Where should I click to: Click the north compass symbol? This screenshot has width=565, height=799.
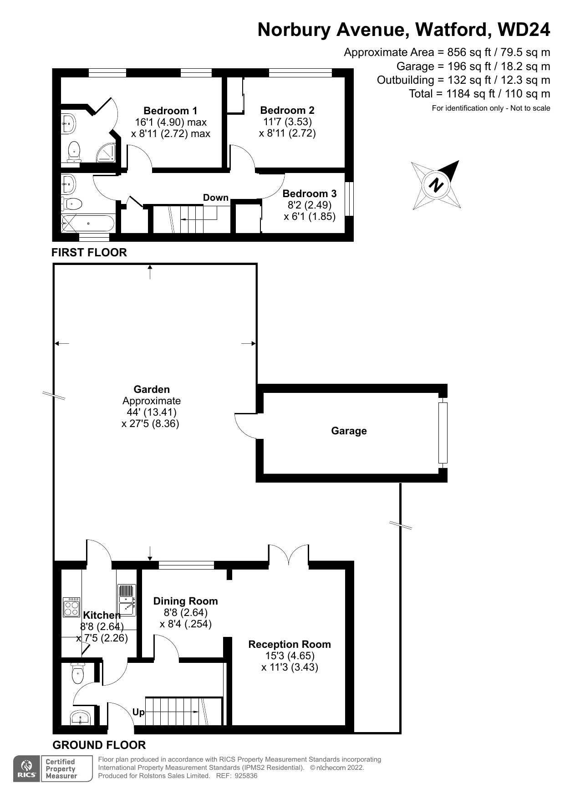coord(436,185)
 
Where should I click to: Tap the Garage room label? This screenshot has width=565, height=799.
coord(349,431)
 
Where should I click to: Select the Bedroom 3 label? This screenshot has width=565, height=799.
coord(309,193)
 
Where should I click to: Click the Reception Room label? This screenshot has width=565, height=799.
coord(290,644)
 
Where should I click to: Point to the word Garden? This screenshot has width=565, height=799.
coord(152,389)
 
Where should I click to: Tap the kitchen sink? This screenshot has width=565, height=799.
coord(127,600)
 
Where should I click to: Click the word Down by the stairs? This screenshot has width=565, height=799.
coord(215,198)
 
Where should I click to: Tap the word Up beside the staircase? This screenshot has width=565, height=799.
coord(138,712)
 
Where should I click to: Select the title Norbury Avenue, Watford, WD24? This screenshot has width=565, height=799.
coord(404,30)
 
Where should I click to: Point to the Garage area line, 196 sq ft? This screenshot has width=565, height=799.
coord(473,66)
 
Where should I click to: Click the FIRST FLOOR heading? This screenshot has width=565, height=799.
coord(89,252)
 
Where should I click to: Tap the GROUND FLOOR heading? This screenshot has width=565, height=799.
coord(99,745)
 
